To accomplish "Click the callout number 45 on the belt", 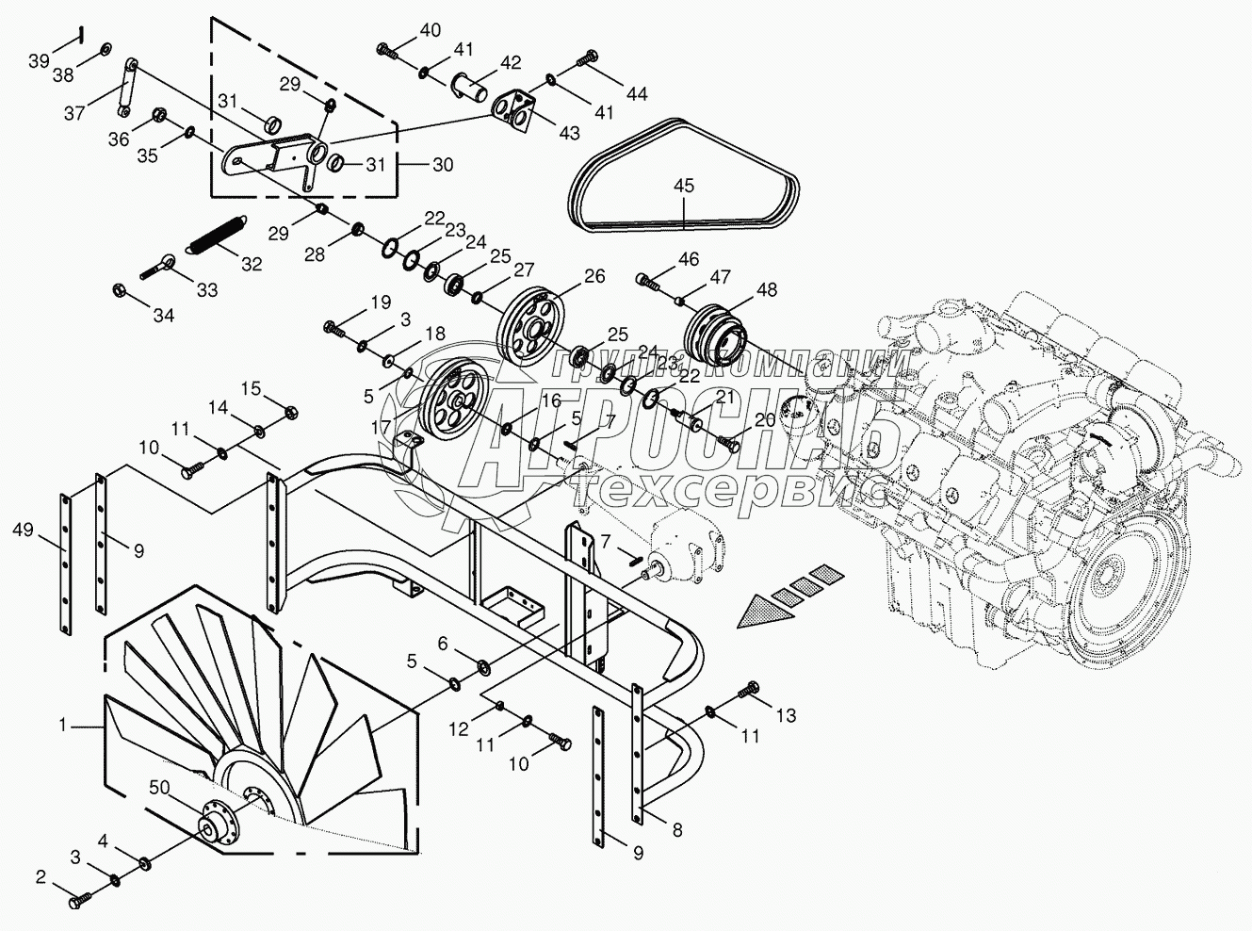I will point(684,187).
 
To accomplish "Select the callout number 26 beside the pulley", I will point(593,276).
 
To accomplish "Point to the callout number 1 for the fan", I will point(62,725).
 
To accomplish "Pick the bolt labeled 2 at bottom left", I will point(77,901).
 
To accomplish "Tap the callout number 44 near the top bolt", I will point(637,92).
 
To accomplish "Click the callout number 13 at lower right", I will point(786,716).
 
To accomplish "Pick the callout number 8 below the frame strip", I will point(676,830).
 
